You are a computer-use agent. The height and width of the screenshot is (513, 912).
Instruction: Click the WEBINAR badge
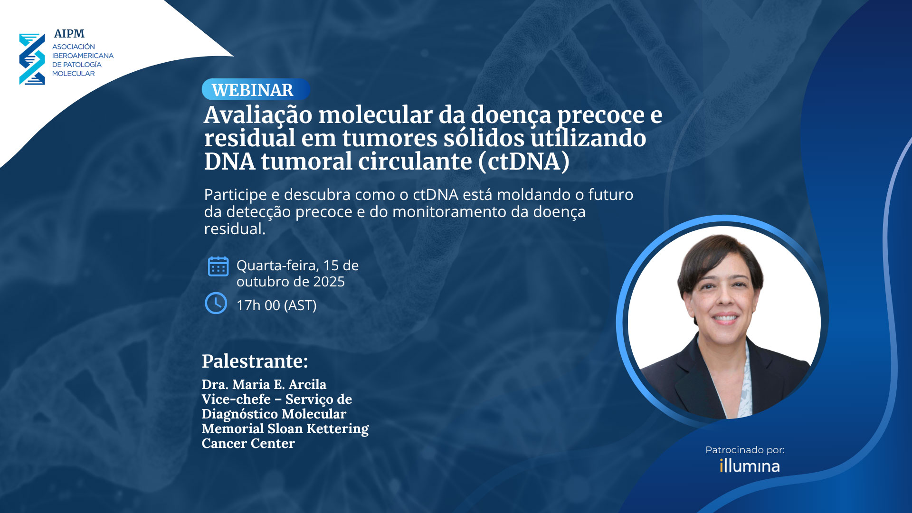point(256,89)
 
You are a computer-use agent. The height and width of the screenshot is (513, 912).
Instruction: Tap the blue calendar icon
point(218,266)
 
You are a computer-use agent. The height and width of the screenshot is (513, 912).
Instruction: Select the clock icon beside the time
point(216,303)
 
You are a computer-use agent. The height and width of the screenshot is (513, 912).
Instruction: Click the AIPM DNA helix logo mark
point(32,59)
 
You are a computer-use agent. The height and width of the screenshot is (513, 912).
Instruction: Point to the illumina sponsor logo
point(750,466)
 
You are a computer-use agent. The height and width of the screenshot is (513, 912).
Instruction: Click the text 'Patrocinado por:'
point(745,450)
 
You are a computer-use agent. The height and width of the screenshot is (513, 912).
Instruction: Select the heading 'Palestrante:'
point(255,361)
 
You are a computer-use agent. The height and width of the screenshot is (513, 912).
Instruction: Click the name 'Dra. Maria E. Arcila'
point(264,384)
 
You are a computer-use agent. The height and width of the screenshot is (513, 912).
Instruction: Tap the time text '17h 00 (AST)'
point(276,305)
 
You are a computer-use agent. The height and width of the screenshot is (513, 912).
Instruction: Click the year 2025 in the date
point(329,282)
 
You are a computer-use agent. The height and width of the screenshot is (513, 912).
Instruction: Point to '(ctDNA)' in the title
point(524,161)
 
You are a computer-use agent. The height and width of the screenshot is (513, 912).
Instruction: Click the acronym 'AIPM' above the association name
point(69,34)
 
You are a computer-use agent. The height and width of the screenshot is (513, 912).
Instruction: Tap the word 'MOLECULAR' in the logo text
point(74,74)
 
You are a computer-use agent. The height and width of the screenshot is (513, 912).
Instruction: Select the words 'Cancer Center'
point(248,443)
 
